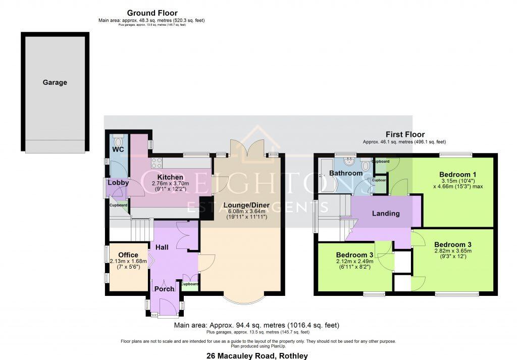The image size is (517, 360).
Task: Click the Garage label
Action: pos(55,82)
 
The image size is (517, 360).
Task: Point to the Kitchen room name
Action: pos(170,177)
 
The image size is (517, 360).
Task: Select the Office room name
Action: pos(128,254)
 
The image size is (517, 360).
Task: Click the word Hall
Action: pos(162,247)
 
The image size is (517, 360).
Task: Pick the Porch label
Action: pos(164,289)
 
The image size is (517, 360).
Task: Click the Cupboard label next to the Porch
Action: pos(190,284)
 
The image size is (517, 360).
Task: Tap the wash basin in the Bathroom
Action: pos(348,162)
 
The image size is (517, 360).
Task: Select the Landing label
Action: pos(386,214)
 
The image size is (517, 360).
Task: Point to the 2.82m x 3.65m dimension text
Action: pos(453,250)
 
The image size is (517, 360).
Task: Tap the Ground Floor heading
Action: pos(152,13)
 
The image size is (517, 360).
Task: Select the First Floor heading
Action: pos(404,134)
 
